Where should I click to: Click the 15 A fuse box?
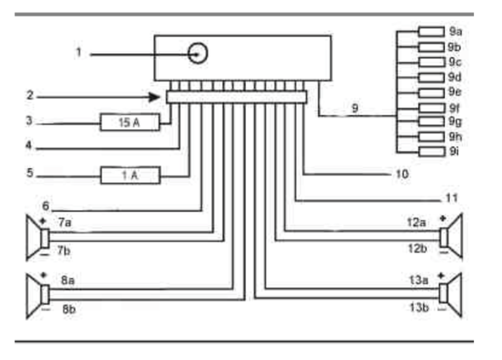tap(130, 122)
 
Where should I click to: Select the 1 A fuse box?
tap(130, 174)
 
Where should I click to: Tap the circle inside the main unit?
tap(197, 53)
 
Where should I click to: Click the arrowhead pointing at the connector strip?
tap(154, 97)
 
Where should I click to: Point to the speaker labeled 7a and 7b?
tap(37, 237)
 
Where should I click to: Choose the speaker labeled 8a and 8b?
tap(37, 296)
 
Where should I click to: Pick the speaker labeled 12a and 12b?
tap(452, 237)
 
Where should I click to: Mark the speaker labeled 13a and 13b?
tap(451, 295)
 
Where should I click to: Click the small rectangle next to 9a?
tap(431, 31)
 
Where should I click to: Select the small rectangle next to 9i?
tap(432, 151)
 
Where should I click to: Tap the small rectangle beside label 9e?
tap(431, 93)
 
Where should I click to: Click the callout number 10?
tap(402, 174)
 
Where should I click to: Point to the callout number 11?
tap(452, 198)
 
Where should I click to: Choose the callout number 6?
tap(46, 206)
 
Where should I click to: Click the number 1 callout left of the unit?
tap(79, 52)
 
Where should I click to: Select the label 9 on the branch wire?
tap(355, 108)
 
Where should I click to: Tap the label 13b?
tap(419, 307)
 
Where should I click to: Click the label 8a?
tap(68, 280)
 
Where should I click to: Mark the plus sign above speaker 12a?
tap(442, 219)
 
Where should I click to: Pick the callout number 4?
tap(29, 146)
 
